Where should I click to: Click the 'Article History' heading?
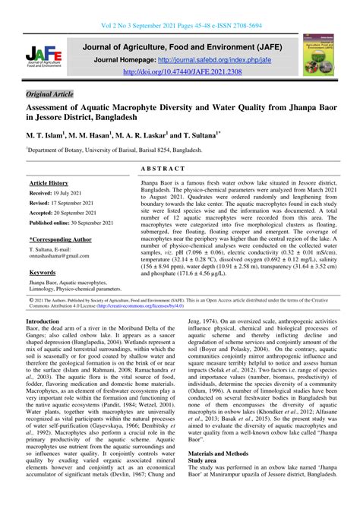[x=49, y=184]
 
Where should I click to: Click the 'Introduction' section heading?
[x=47, y=322]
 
